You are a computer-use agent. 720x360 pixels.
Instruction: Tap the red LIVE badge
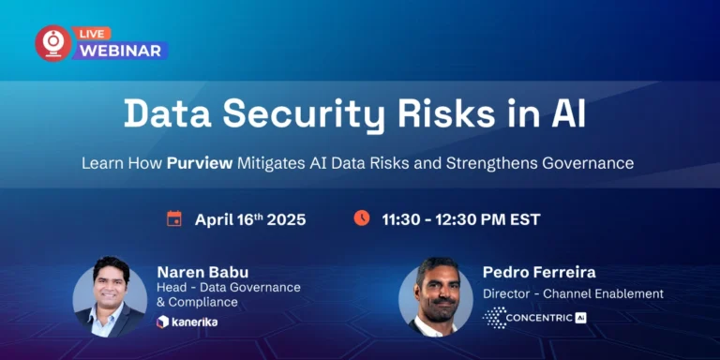tap(94, 32)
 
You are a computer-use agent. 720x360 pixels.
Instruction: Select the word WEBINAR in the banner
tap(119, 51)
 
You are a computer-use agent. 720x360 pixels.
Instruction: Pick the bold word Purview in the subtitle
tap(200, 162)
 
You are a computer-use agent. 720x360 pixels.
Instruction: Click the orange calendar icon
tap(173, 219)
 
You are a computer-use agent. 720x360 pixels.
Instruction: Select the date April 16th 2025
tap(250, 219)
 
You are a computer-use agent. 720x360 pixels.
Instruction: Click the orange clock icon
tap(361, 218)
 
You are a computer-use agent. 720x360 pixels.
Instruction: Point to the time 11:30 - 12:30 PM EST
tap(460, 219)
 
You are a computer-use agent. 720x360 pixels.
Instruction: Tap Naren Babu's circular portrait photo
tap(110, 296)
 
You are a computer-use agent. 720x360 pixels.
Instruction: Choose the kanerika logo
tap(187, 322)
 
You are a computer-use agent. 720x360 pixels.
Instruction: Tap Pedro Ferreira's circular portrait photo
tap(435, 296)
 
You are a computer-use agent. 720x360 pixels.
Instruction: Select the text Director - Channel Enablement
tap(572, 293)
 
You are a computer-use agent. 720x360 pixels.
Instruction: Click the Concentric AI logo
tap(534, 318)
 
